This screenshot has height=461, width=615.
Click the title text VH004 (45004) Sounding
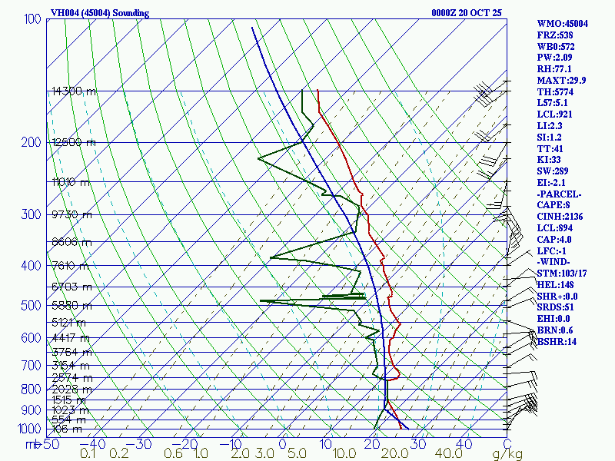point(100,13)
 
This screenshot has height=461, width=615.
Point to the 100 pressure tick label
point(32,18)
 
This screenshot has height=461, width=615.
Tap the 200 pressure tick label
point(32,143)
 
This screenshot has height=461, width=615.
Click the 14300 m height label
point(74,91)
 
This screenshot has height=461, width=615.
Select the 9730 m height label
point(71,214)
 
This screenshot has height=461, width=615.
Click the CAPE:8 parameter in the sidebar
point(553,204)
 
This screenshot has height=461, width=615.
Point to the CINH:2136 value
point(560,217)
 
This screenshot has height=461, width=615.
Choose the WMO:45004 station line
point(562,24)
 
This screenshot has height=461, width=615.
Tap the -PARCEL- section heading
point(560,194)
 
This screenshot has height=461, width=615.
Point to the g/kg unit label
point(505,454)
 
